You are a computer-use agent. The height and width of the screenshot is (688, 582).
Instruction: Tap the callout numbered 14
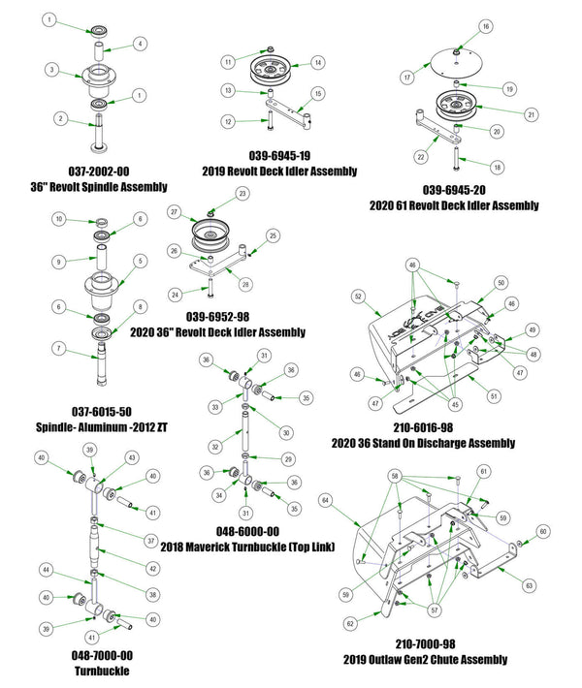pyautogui.click(x=316, y=63)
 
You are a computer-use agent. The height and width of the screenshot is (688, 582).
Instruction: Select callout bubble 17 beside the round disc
pyautogui.click(x=408, y=75)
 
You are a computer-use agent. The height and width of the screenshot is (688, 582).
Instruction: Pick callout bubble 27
pyautogui.click(x=175, y=210)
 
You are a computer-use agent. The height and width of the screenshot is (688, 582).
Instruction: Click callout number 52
pyautogui.click(x=359, y=296)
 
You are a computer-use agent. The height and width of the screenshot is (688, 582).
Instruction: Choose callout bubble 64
pyautogui.click(x=327, y=501)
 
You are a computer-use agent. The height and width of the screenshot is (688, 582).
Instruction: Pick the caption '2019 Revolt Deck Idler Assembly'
pyautogui.click(x=279, y=171)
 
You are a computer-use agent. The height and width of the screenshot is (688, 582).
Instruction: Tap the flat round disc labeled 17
pyautogui.click(x=455, y=60)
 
